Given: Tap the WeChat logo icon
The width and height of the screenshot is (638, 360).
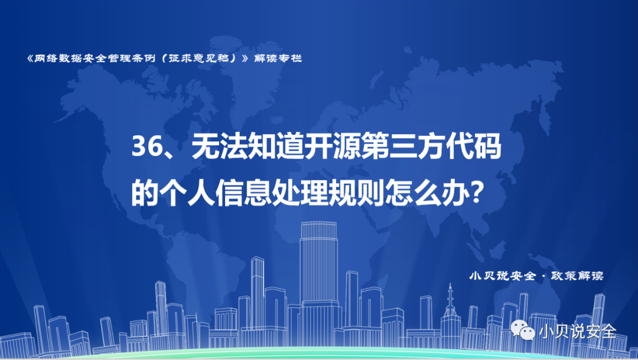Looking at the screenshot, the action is pyautogui.click(x=522, y=330).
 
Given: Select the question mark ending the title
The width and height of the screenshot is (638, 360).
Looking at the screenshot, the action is pyautogui.click(x=477, y=193).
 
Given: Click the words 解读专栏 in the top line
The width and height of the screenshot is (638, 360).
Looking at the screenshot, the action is pyautogui.click(x=278, y=59).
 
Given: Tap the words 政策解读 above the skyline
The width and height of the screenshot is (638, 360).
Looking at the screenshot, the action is pyautogui.click(x=577, y=275).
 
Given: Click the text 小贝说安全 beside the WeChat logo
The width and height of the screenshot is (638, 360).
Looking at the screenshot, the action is pyautogui.click(x=578, y=330).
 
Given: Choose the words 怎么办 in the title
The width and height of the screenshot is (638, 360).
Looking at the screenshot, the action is pyautogui.click(x=428, y=193).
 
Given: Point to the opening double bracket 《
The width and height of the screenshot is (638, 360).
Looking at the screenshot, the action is pyautogui.click(x=30, y=59).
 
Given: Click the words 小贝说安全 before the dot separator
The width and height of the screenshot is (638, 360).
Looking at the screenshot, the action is pyautogui.click(x=503, y=275).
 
